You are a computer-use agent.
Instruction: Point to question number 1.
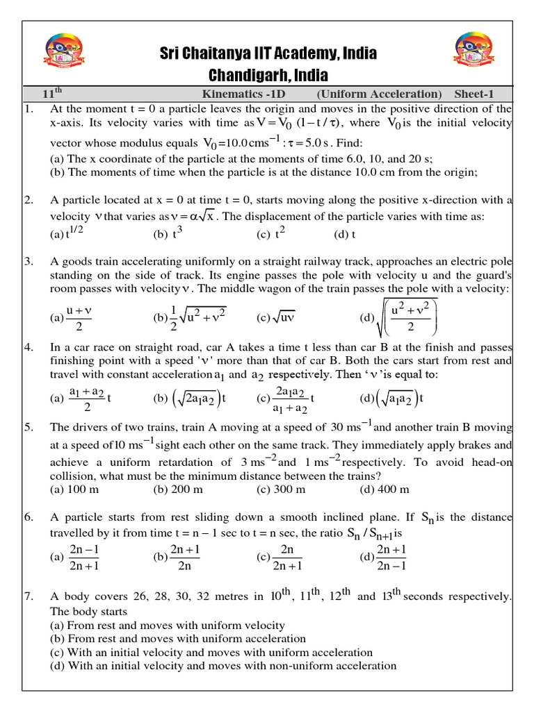click(x=29, y=109)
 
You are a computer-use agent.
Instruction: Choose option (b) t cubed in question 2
click(x=168, y=233)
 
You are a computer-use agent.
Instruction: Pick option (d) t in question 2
click(x=345, y=234)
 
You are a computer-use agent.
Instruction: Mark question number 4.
click(x=29, y=346)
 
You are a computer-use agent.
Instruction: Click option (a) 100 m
click(x=74, y=490)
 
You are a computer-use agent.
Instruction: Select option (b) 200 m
click(x=178, y=490)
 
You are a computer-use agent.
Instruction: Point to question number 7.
click(x=29, y=596)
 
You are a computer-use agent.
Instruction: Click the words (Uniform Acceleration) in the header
click(x=379, y=94)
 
